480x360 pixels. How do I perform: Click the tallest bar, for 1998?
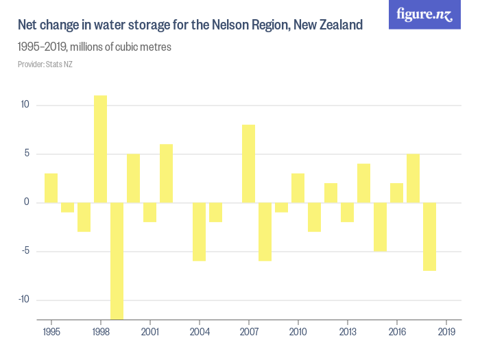pyautogui.click(x=100, y=149)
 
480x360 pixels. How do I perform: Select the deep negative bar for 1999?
pyautogui.click(x=117, y=261)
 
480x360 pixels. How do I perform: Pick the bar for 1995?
pyautogui.click(x=51, y=188)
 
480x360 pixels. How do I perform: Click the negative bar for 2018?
pyautogui.click(x=429, y=237)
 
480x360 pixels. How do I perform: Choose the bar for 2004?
pyautogui.click(x=199, y=232)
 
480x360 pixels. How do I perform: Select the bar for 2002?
pyautogui.click(x=166, y=173)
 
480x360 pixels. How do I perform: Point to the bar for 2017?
pyautogui.click(x=413, y=178)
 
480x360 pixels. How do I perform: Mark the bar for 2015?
pyautogui.click(x=380, y=227)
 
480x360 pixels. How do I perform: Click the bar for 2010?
pyautogui.click(x=298, y=188)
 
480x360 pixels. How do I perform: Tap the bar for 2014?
pyautogui.click(x=363, y=183)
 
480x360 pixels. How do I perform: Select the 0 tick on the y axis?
pyautogui.click(x=27, y=202)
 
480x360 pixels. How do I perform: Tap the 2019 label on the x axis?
pyautogui.click(x=446, y=332)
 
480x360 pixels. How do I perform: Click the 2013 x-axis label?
pyautogui.click(x=347, y=332)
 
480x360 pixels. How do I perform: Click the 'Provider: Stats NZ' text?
pyautogui.click(x=45, y=64)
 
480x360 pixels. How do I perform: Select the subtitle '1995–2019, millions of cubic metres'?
pyautogui.click(x=95, y=47)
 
